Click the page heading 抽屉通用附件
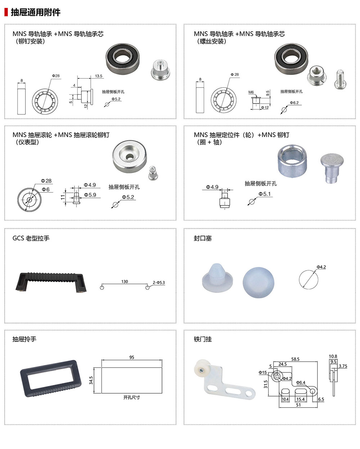(35, 12)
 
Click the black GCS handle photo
(51, 281)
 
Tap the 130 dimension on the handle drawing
(125, 282)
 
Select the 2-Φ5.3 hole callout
(159, 283)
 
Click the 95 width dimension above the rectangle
(132, 357)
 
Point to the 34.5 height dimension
(91, 380)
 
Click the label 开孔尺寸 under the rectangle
(131, 398)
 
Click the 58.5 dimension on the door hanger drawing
(295, 359)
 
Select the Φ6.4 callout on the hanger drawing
(301, 382)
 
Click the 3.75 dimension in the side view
(343, 366)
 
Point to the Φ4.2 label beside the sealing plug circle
(321, 267)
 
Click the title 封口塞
(203, 238)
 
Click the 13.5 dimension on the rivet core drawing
(99, 76)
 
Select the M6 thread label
(251, 92)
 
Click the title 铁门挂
(203, 339)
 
